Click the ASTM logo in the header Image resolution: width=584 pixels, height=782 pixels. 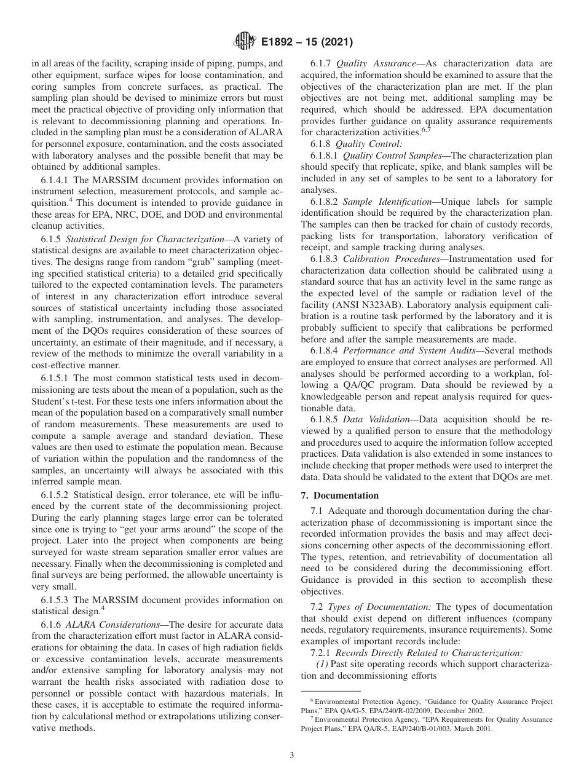tap(244, 42)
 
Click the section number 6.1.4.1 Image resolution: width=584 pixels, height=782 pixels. tap(55, 180)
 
